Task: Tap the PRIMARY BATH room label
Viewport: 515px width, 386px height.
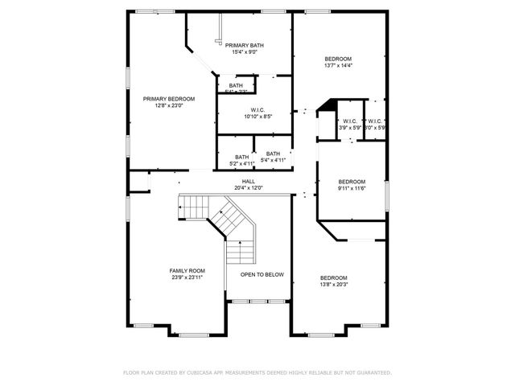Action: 245,46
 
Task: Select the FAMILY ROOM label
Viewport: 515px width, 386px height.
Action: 187,270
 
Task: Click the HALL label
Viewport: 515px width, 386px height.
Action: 248,182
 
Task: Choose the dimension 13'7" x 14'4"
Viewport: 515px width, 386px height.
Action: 338,66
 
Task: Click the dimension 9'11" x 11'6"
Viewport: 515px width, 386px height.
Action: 352,188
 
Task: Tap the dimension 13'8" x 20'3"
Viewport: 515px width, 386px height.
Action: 334,284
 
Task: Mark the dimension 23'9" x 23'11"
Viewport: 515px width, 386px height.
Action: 187,277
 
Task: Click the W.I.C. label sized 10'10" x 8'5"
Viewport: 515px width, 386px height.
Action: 257,110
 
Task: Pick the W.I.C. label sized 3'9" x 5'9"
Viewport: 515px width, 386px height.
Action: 349,121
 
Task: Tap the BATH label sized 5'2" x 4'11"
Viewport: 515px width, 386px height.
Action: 242,157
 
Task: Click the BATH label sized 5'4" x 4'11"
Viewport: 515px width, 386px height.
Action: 274,154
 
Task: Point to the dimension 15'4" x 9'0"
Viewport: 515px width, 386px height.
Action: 245,52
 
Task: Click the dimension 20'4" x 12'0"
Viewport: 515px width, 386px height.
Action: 248,188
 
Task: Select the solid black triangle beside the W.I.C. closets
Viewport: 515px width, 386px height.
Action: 326,105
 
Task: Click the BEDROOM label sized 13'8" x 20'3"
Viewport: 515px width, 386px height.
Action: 334,277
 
